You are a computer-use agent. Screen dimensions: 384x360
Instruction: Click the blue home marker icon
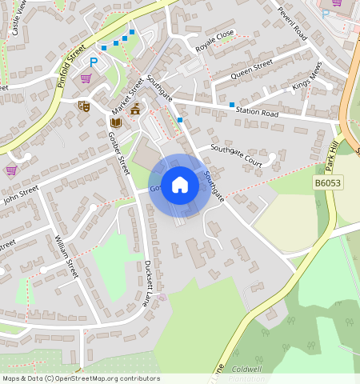(180, 185)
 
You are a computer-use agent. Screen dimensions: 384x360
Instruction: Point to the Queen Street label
(252, 69)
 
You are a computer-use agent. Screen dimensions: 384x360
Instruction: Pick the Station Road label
(258, 114)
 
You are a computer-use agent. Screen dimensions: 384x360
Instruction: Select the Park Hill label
(333, 152)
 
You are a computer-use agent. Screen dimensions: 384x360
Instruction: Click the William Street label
(66, 256)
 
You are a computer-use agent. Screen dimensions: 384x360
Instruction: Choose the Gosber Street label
(119, 153)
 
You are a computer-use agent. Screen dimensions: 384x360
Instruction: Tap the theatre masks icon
(83, 106)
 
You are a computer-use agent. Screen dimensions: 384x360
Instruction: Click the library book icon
(115, 122)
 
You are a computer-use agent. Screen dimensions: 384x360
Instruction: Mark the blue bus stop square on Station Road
(232, 105)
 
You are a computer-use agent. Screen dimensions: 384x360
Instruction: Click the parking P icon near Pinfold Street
(94, 62)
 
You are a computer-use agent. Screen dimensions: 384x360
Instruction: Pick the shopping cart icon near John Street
(11, 170)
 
